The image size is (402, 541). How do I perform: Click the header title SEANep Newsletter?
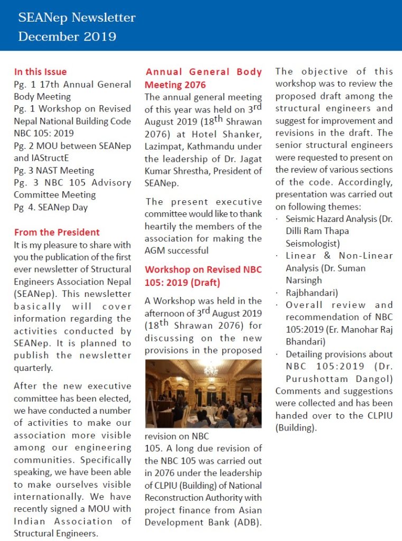click(77, 18)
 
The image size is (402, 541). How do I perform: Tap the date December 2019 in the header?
click(67, 36)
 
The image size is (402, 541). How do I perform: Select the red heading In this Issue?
click(40, 72)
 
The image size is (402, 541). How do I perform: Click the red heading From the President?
click(57, 232)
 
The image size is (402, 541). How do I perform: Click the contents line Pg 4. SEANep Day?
click(51, 207)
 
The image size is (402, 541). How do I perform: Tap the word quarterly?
click(33, 368)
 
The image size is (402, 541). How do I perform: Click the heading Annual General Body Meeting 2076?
click(203, 78)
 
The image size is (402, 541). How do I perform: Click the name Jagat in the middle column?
click(248, 158)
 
